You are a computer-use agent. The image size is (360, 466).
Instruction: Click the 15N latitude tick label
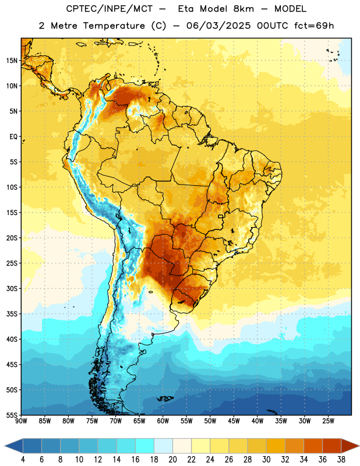pos(12,61)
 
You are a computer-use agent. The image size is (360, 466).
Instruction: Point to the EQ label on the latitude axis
pos(13,137)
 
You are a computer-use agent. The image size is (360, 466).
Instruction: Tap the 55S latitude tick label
pos(12,415)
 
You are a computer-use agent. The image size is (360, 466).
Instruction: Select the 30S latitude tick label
pos(12,288)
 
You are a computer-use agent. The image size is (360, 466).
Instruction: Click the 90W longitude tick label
pos(22,421)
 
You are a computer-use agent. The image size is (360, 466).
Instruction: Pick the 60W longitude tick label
pos(163,421)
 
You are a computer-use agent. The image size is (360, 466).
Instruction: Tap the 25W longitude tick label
pos(328,421)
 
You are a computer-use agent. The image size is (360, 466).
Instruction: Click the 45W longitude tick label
pos(234,421)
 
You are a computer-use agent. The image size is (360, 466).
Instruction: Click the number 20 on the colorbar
pos(172,460)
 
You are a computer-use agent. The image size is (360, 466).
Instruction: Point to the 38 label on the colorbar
pos(341,460)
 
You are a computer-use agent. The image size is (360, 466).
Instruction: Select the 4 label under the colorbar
pos(23,460)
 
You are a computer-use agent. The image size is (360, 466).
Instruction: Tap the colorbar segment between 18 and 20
pos(163,446)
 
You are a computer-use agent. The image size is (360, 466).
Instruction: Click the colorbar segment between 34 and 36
pos(313,446)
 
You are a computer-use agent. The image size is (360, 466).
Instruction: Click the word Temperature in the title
pos(114,26)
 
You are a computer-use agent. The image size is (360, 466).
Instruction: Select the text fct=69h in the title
pos(314,26)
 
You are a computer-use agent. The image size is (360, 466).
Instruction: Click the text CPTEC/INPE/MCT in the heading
pos(109,9)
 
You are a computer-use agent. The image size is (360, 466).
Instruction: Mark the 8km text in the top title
pos(243,9)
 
